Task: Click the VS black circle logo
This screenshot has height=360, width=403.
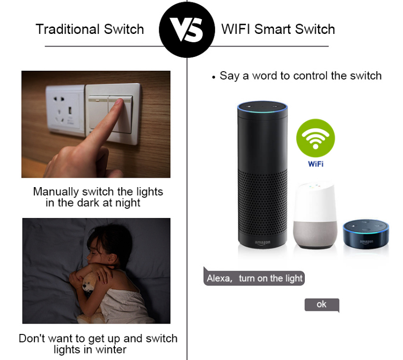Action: pyautogui.click(x=187, y=29)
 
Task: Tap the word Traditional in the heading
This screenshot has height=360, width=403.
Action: pyautogui.click(x=68, y=29)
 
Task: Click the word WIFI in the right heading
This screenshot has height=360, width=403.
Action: pyautogui.click(x=236, y=29)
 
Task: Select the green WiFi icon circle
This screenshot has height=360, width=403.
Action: pyautogui.click(x=316, y=138)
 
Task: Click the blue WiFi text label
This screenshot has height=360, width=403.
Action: pyautogui.click(x=316, y=164)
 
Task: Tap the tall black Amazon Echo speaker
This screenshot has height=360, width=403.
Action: pyautogui.click(x=263, y=175)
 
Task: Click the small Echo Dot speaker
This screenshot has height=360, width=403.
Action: pyautogui.click(x=366, y=234)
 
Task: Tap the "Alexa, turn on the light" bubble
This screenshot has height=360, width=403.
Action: pyautogui.click(x=254, y=277)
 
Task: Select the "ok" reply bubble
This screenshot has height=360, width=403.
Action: pyautogui.click(x=322, y=305)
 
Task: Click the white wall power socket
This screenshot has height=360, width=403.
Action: pyautogui.click(x=65, y=110)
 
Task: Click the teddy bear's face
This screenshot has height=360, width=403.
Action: pyautogui.click(x=89, y=285)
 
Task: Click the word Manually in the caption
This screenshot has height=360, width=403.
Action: pyautogui.click(x=56, y=192)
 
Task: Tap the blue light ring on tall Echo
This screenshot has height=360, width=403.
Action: pyautogui.click(x=263, y=107)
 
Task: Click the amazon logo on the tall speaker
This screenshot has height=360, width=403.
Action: pyautogui.click(x=263, y=243)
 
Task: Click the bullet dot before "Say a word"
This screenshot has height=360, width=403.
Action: pyautogui.click(x=214, y=77)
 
